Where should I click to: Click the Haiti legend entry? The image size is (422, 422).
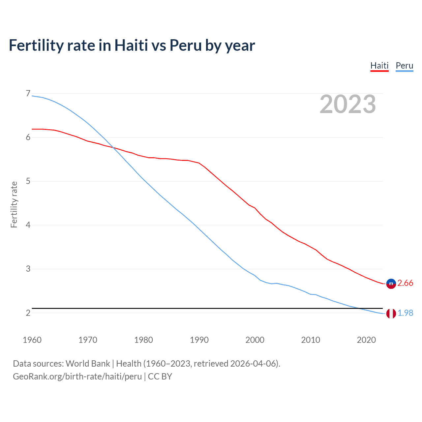point(379,66)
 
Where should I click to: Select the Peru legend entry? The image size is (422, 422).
point(404,66)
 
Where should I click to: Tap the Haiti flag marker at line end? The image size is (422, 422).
point(391,284)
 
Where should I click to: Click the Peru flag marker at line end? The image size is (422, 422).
point(391,314)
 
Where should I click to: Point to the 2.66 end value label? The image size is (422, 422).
point(405,283)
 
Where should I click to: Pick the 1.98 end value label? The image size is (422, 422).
point(405,313)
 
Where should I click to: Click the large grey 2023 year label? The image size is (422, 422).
point(347,104)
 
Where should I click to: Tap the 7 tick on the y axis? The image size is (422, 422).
point(28,94)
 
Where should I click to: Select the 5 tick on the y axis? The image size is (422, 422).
point(28,181)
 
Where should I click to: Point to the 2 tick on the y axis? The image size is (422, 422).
point(28,313)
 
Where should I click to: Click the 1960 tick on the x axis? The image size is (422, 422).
point(32,340)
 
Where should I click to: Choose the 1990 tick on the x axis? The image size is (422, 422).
point(199,340)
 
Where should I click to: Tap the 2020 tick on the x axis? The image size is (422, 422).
point(366,340)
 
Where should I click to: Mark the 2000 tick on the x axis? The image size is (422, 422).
point(255,340)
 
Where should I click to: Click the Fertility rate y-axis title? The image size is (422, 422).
point(14,204)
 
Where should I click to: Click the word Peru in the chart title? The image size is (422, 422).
point(186,45)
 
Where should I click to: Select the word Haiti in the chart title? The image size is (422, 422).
point(131,45)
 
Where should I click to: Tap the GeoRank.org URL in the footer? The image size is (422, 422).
point(77,377)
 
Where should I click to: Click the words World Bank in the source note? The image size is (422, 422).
point(88,364)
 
